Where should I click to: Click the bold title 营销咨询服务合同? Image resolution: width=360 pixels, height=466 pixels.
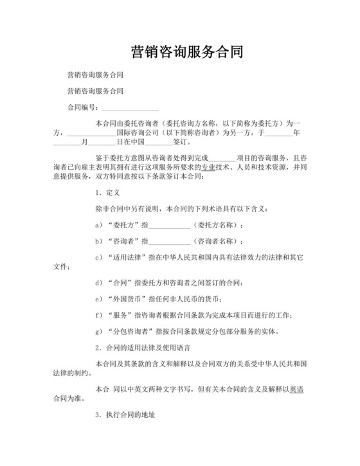coord(186,52)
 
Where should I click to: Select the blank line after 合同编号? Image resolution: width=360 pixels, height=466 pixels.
coord(130,109)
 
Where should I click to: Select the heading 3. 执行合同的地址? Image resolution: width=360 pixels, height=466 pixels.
coord(125,415)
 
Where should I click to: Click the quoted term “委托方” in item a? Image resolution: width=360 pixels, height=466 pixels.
coord(121,226)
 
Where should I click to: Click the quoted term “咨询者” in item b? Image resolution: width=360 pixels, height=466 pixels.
coord(121,242)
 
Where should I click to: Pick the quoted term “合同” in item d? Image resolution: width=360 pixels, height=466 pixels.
coord(117,283)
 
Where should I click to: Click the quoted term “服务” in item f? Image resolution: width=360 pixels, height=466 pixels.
coord(117,315)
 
